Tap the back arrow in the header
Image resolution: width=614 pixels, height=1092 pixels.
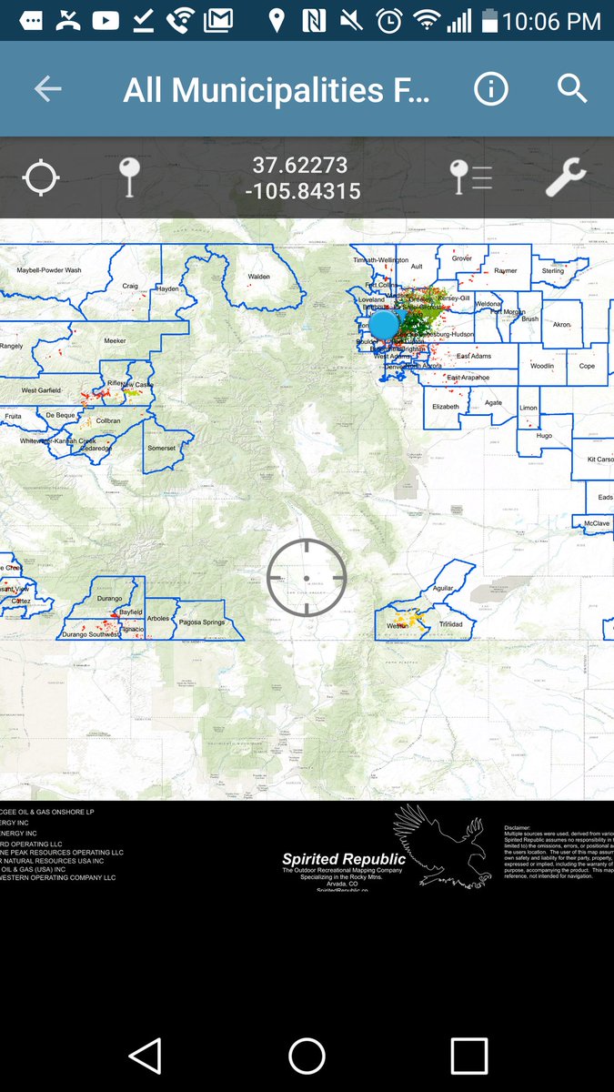coord(47,89)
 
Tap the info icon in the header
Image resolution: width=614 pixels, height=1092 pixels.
coord(490,89)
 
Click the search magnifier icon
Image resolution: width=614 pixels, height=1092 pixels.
coord(571,89)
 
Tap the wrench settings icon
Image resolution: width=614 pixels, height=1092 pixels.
coord(566,178)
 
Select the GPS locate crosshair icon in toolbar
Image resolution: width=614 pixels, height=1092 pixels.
coord(41,178)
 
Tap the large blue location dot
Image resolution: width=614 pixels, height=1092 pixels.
coord(384,324)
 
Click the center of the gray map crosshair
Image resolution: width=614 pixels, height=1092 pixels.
coord(307,577)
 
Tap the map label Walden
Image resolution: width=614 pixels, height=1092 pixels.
coord(259,277)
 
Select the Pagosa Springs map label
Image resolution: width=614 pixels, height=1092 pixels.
coord(202,622)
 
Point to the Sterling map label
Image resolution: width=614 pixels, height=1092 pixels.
coord(552,271)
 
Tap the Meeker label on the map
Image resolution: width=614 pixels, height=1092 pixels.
coord(115,340)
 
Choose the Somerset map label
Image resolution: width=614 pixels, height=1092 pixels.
coord(161,449)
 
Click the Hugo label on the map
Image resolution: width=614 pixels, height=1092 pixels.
coord(544,436)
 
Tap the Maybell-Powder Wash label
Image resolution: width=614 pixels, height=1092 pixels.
coord(49,270)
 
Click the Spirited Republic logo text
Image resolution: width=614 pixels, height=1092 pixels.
coord(344,859)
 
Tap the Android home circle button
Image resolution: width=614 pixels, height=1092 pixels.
coord(307,1057)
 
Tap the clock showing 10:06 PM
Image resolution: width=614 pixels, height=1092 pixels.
coord(552,20)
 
